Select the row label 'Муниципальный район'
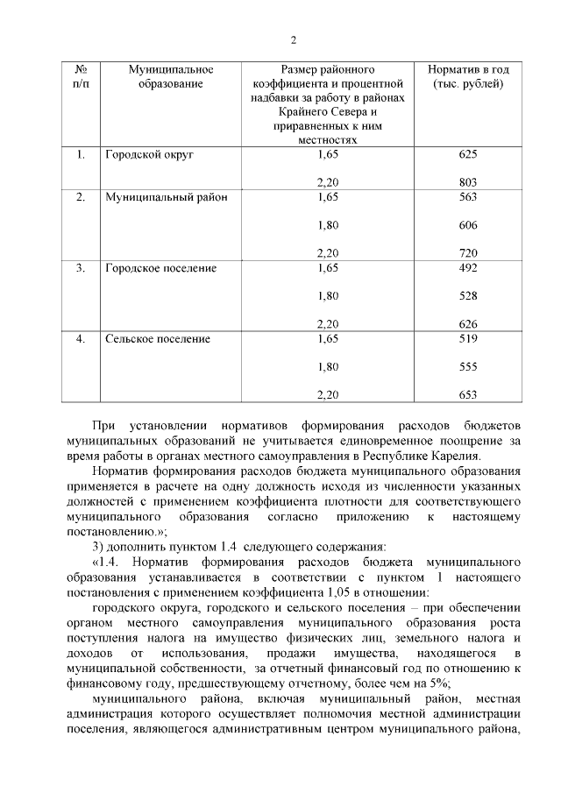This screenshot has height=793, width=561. [x=166, y=197]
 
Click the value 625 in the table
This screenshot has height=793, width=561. [x=467, y=154]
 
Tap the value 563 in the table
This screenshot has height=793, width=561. [x=467, y=197]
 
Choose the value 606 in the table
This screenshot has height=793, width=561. [x=467, y=225]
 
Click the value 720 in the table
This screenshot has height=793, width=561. [x=467, y=253]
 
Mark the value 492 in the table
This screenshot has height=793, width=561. [x=467, y=268]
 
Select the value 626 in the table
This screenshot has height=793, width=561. [x=467, y=324]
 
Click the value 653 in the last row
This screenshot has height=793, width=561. [x=467, y=395]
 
